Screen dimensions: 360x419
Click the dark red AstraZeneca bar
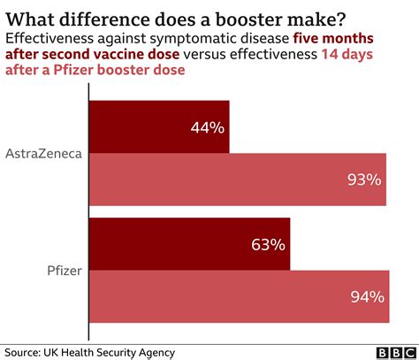159,126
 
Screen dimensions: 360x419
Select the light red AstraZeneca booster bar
239,180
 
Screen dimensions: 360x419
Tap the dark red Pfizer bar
190,244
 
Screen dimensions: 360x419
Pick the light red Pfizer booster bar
239,296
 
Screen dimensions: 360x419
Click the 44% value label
207,127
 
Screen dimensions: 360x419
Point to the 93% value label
363,180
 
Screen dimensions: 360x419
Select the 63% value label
268,244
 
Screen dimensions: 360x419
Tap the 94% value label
365,296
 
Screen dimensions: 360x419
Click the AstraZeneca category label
44,153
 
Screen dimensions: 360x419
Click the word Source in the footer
26,352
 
